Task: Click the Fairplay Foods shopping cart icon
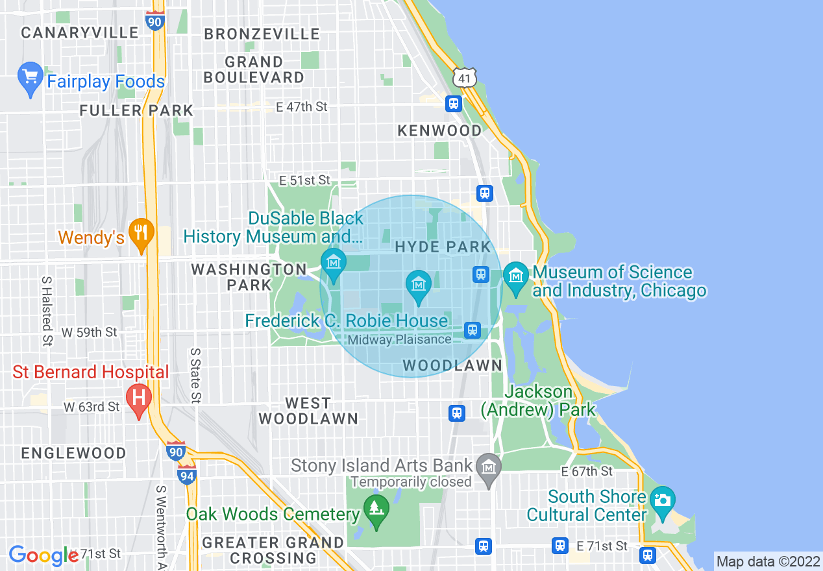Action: tap(30, 79)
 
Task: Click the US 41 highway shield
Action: tap(465, 77)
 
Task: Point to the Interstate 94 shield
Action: tap(187, 475)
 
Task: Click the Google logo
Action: tap(44, 555)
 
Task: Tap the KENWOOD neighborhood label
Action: tap(439, 130)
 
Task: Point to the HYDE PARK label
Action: tap(443, 247)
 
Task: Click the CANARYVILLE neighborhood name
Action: tap(80, 32)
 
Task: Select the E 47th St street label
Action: tap(302, 107)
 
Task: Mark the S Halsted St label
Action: tap(47, 311)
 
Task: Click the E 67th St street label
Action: tap(587, 471)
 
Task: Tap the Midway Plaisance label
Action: tap(399, 339)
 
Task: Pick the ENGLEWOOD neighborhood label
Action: tap(73, 453)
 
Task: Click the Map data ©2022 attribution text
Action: tap(768, 561)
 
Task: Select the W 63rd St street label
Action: tap(92, 407)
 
